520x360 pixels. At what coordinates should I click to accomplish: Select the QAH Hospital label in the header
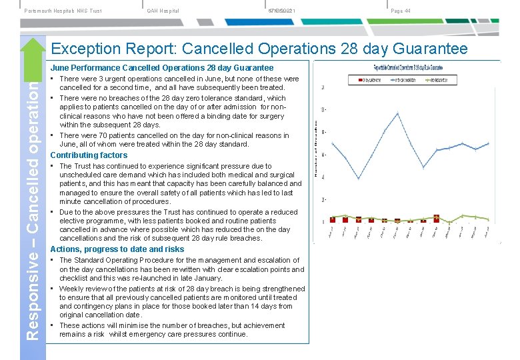[163, 11]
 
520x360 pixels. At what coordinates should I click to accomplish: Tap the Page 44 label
[400, 11]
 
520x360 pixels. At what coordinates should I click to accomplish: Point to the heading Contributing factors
[89, 155]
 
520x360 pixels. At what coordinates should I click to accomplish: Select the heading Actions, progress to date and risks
[117, 249]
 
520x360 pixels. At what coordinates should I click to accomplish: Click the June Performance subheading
[162, 68]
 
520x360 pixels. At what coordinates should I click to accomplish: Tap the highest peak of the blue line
[398, 113]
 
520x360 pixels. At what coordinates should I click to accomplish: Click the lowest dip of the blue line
[359, 179]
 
